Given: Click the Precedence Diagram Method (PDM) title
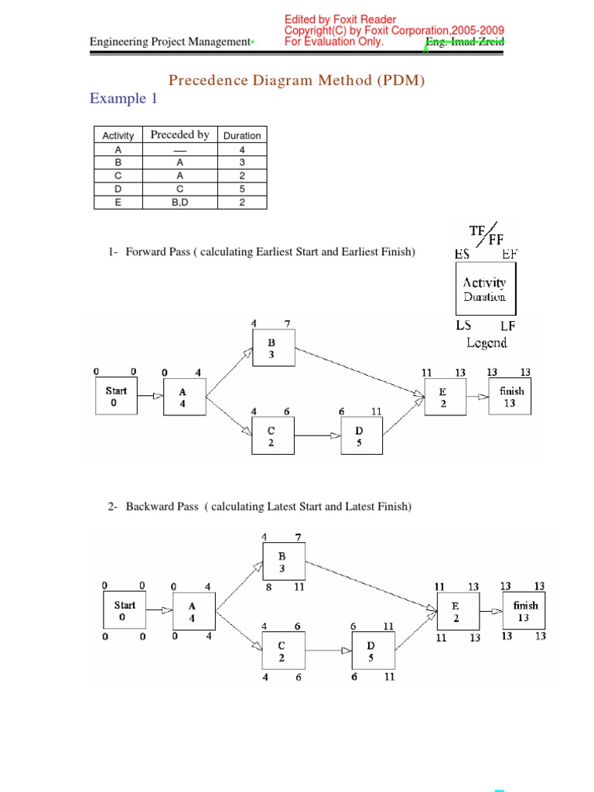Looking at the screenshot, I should tap(296, 80).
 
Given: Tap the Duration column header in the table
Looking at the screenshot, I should tap(242, 135).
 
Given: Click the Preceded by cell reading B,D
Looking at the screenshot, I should tap(179, 202).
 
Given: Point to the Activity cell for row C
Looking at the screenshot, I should tap(118, 176).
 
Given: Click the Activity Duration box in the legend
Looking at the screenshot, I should tap(485, 289).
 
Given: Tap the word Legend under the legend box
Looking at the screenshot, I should tap(486, 342).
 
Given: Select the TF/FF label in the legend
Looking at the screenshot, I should tap(486, 234).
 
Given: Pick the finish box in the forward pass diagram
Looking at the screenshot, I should tap(510, 397).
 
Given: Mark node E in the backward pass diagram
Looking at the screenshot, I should tap(456, 612).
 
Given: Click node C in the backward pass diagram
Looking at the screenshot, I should tap(282, 651).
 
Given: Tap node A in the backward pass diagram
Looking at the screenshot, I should tap(192, 613).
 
